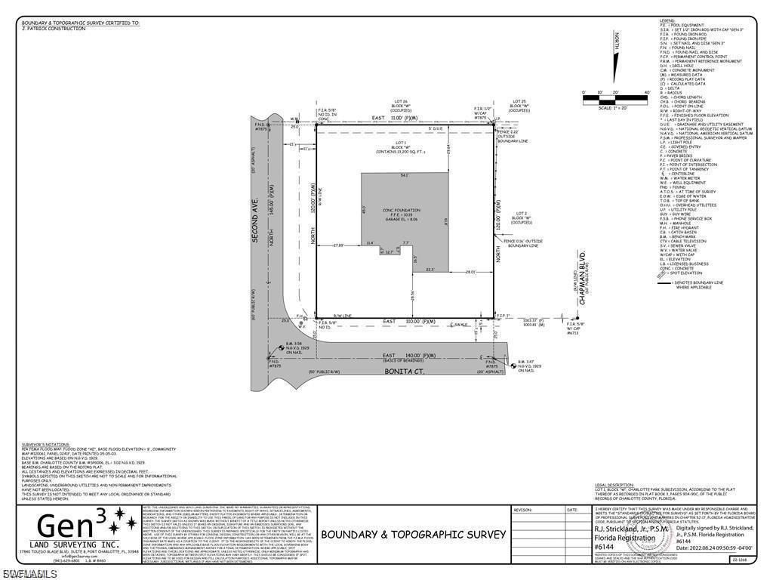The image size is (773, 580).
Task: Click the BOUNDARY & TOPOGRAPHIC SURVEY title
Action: [x=414, y=534]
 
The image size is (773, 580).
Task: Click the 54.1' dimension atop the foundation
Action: [x=405, y=175]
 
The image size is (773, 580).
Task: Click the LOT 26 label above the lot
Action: [x=401, y=101]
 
